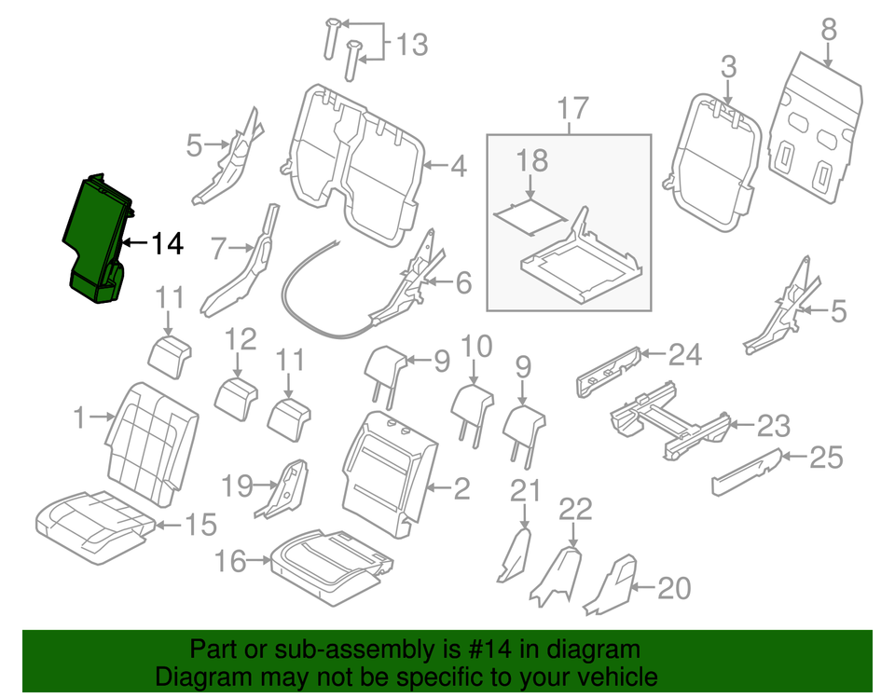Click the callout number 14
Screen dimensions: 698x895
(x=167, y=244)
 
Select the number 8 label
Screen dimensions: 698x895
(x=828, y=31)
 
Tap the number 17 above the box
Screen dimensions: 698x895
(x=574, y=109)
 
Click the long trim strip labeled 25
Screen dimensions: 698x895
(x=746, y=472)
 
